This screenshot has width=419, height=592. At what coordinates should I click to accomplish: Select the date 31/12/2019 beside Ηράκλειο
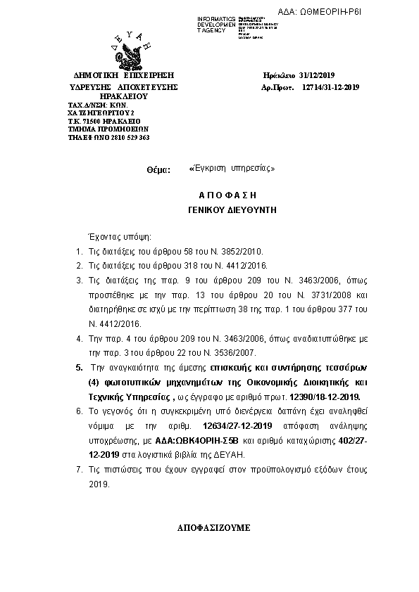click(x=319, y=74)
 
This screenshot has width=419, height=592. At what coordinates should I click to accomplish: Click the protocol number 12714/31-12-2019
click(x=330, y=86)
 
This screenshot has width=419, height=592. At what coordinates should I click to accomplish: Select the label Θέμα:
click(x=158, y=170)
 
